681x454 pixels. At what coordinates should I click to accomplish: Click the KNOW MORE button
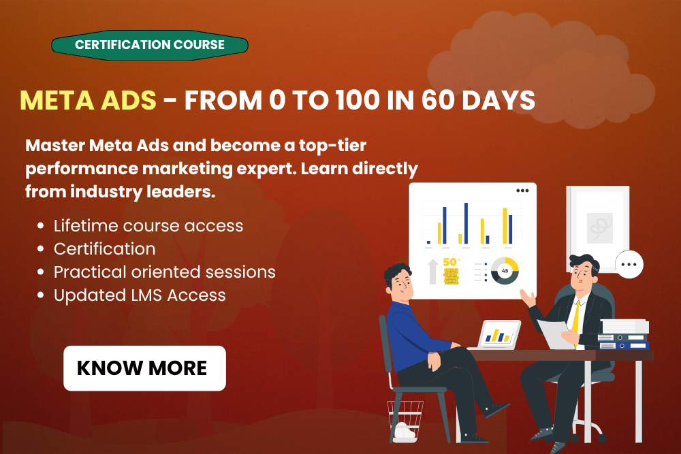point(144,368)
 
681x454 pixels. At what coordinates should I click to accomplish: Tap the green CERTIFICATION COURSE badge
point(150,45)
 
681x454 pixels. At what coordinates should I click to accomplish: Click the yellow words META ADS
point(88,100)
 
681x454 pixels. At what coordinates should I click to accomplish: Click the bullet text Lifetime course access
point(148,226)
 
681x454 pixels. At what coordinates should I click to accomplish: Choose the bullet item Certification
point(104,248)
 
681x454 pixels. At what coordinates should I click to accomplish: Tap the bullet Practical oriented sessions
point(164,272)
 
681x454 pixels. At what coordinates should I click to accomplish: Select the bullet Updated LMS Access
point(140,295)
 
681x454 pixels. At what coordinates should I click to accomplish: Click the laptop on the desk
point(498,335)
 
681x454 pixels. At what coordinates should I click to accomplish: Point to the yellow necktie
point(576,322)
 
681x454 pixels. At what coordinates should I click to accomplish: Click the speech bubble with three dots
point(629,264)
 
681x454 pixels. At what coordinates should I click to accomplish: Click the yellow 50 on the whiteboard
point(450,262)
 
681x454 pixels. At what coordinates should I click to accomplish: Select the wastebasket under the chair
point(405,421)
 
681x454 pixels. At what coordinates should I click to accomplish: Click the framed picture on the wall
point(599,229)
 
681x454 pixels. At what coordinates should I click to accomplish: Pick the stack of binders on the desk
point(624,335)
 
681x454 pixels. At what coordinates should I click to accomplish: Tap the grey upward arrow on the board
point(433,272)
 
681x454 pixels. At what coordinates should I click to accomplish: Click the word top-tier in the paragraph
point(333,146)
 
